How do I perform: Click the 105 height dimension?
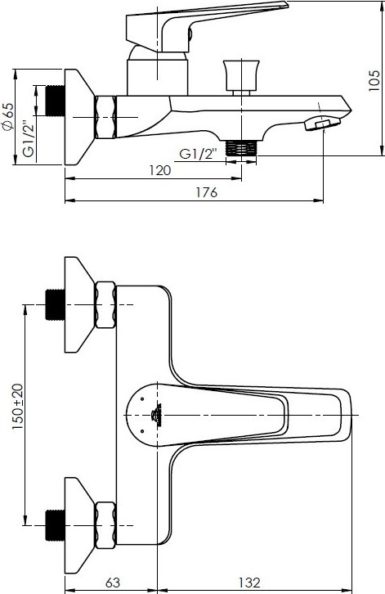tap(374, 80)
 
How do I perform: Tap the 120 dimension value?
tap(159, 170)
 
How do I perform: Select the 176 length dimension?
tap(207, 192)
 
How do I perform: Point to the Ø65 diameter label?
tap(8, 117)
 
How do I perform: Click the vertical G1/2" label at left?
tap(29, 138)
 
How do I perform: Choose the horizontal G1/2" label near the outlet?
tap(199, 154)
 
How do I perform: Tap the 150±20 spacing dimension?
tap(17, 407)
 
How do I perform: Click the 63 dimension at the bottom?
tap(112, 583)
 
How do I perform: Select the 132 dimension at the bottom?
tap(249, 583)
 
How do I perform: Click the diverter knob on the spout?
tap(241, 77)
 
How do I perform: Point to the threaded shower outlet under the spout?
tap(241, 148)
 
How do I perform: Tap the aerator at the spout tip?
tap(322, 124)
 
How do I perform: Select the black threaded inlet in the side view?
tap(56, 101)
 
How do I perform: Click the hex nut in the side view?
tap(105, 117)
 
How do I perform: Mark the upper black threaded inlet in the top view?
tap(56, 305)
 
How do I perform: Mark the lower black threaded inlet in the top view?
tap(56, 525)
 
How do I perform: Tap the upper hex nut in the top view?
tap(105, 305)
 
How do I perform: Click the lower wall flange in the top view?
tap(79, 525)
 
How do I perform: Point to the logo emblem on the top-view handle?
tap(156, 415)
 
